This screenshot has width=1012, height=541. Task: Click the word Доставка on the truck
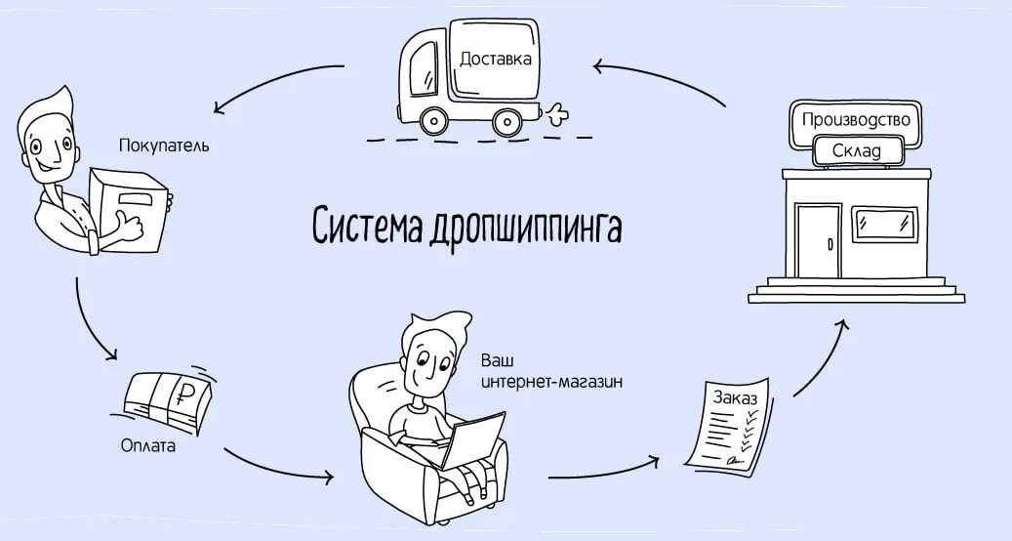pyautogui.click(x=496, y=60)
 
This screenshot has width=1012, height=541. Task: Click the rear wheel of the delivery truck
pyautogui.click(x=505, y=122)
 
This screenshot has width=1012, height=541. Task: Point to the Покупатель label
pyautogui.click(x=164, y=146)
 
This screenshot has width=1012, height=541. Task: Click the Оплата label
pyautogui.click(x=148, y=446)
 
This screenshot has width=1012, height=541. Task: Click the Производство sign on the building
pyautogui.click(x=855, y=120)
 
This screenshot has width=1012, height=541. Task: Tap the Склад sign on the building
pyautogui.click(x=856, y=151)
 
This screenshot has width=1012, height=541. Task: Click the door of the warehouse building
pyautogui.click(x=817, y=239)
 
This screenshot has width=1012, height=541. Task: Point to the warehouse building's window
pyautogui.click(x=886, y=224)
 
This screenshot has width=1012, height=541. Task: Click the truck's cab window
pyautogui.click(x=423, y=70)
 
